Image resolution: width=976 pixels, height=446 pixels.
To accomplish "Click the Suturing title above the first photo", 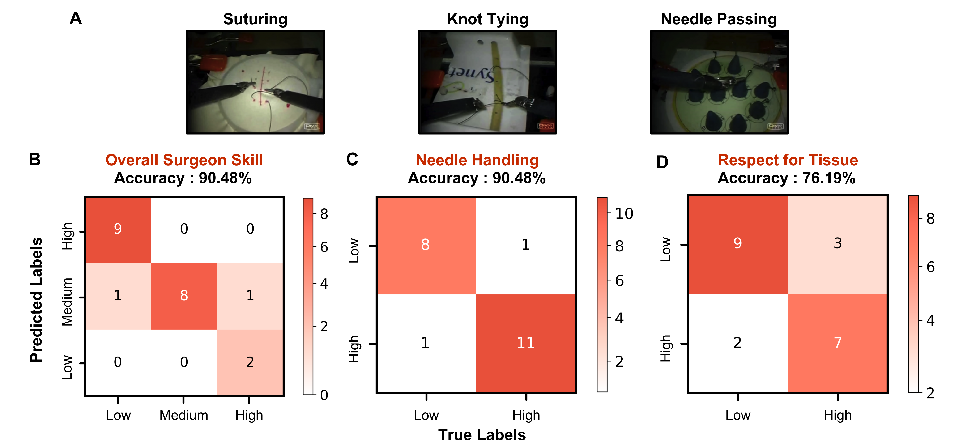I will pos(255,19).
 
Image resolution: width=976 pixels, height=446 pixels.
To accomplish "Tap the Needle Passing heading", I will pos(719,19).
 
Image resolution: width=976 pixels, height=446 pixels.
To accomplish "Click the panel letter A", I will pos(76,18).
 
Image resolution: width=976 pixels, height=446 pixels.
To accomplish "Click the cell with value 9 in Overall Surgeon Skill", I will pos(118,229).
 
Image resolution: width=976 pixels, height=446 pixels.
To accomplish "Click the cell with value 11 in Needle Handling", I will pos(525,343).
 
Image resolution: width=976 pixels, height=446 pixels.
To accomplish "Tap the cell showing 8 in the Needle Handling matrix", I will pos(426,245).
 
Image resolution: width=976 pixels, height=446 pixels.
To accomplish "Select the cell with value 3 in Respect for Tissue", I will pos(837,243).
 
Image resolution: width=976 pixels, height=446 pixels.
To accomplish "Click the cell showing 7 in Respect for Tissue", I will pos(837,343).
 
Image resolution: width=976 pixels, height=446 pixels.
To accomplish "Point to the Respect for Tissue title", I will pos(788,160).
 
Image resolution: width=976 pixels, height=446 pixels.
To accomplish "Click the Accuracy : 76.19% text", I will pos(787,178).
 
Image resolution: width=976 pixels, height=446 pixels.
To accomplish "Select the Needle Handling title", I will pos(477,160).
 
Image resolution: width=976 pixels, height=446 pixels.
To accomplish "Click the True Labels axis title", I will pos(482,435).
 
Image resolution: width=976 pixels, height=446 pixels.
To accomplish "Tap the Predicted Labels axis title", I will pos(36,299).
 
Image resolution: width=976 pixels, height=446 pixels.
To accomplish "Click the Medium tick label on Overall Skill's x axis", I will pos(184,415).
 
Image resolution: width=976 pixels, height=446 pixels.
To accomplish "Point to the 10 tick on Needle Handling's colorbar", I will pos(624,214).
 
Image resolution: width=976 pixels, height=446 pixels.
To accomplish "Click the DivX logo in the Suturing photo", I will pos(312,126).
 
